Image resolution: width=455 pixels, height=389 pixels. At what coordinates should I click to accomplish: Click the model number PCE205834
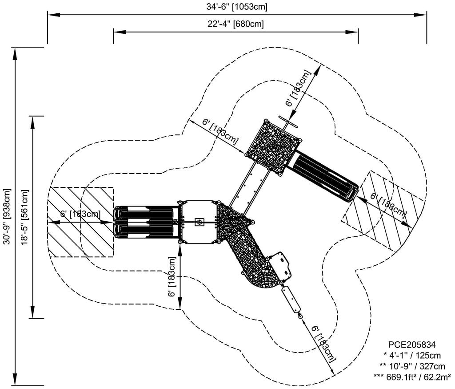(412, 344)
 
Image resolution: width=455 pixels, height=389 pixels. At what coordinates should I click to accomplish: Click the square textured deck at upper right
(273, 147)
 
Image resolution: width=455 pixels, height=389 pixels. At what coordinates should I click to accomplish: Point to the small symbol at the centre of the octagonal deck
(200, 222)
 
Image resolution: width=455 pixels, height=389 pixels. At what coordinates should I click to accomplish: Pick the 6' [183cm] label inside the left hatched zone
(80, 214)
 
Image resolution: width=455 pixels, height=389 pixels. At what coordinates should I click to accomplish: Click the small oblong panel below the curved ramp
(291, 299)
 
